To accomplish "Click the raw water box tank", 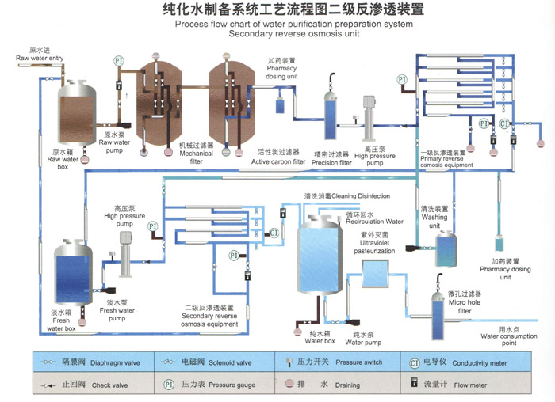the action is pyautogui.click(x=77, y=113).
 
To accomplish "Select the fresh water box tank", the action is pyautogui.click(x=73, y=272).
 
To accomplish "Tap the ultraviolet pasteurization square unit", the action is pyautogui.click(x=375, y=274).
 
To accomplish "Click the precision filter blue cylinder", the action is pyautogui.click(x=331, y=116).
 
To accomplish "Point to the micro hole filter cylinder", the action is pyautogui.click(x=438, y=317).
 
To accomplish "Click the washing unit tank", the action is pyautogui.click(x=446, y=249).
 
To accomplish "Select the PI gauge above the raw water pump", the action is pyautogui.click(x=119, y=61).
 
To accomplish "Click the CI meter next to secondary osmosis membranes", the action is pyautogui.click(x=274, y=233).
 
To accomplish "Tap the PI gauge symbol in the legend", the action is pyautogui.click(x=169, y=385).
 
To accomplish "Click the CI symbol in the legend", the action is pyautogui.click(x=415, y=363).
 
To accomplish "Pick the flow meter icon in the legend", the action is pyautogui.click(x=414, y=382).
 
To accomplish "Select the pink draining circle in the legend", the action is pyautogui.click(x=289, y=384).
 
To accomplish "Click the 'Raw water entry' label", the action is pyautogui.click(x=40, y=58).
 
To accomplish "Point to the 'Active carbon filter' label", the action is pyautogui.click(x=278, y=161).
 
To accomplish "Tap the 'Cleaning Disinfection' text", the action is pyautogui.click(x=361, y=195).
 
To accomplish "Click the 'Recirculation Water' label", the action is pyautogui.click(x=374, y=222).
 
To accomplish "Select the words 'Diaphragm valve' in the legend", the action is pyautogui.click(x=115, y=362).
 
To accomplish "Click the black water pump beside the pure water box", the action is pyautogui.click(x=354, y=322).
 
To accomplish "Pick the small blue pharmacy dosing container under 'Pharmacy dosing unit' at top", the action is pyautogui.click(x=280, y=106).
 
